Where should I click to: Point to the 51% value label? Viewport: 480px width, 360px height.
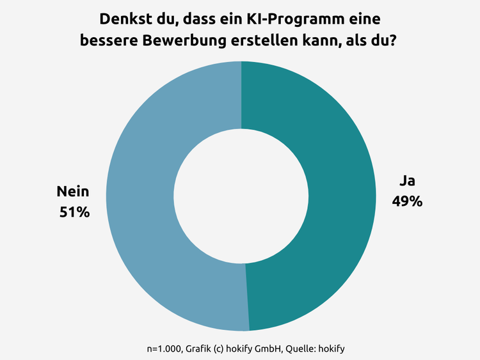pos(74,212)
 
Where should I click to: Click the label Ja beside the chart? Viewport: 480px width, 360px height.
pos(407,181)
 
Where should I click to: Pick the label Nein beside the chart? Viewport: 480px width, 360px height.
pos(73,191)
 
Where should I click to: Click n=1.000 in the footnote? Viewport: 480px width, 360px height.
pos(163,349)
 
